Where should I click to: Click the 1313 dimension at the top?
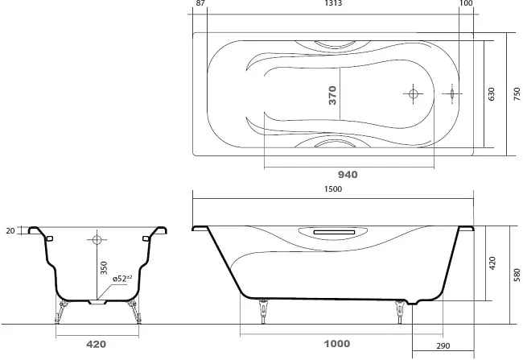click(333, 3)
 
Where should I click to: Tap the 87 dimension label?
click(200, 3)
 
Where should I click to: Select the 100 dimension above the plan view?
click(466, 3)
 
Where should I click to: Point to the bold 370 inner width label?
click(332, 95)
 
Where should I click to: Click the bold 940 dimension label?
click(348, 175)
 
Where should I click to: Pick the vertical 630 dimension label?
click(492, 94)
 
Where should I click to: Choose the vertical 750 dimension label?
click(517, 94)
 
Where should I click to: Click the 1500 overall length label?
click(333, 189)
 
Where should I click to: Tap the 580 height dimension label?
click(517, 275)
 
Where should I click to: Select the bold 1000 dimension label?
click(337, 344)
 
